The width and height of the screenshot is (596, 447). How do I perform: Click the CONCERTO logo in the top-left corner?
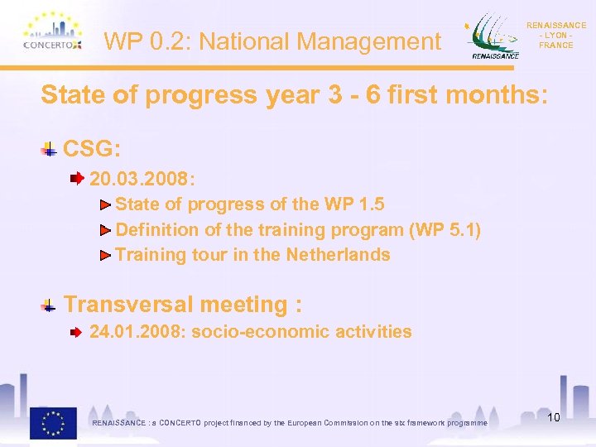[x=52, y=34]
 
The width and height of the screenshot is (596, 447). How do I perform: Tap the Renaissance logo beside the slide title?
[x=494, y=37]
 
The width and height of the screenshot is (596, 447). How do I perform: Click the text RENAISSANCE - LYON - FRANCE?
[x=555, y=36]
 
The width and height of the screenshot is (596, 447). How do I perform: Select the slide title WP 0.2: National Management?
[x=273, y=41]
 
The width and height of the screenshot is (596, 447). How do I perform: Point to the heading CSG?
[x=93, y=149]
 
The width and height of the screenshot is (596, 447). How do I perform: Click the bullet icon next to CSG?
[x=50, y=150]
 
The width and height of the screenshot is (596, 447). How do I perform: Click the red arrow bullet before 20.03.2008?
[x=76, y=178]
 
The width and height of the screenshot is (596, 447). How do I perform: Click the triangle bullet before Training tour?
[x=105, y=255]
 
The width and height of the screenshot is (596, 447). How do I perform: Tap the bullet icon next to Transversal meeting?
[x=50, y=305]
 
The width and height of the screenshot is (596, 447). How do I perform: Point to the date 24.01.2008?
[x=137, y=332]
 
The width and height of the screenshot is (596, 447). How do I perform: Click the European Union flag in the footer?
[x=53, y=423]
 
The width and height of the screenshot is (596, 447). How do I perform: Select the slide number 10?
[x=553, y=417]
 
